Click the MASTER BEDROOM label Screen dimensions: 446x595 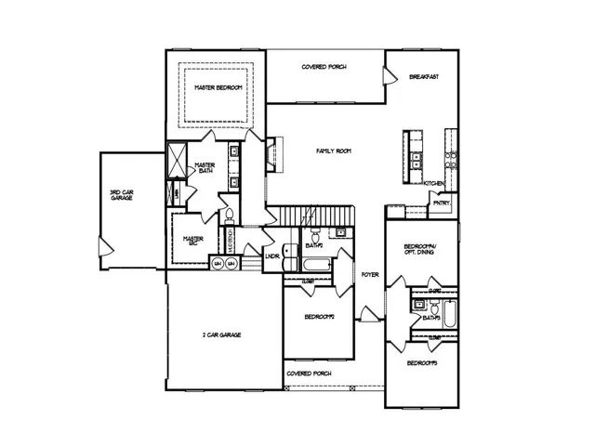coord(218,86)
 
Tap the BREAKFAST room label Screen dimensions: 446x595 coord(424,77)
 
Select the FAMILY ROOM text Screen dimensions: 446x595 coord(332,150)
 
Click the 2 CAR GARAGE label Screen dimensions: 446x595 coord(222,334)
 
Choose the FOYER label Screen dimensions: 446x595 coord(370,275)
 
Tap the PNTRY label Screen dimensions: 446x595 coord(442,203)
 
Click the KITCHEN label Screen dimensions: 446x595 coord(434,183)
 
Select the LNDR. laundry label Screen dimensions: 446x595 coord(273,256)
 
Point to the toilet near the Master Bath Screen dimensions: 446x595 coord(228,216)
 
